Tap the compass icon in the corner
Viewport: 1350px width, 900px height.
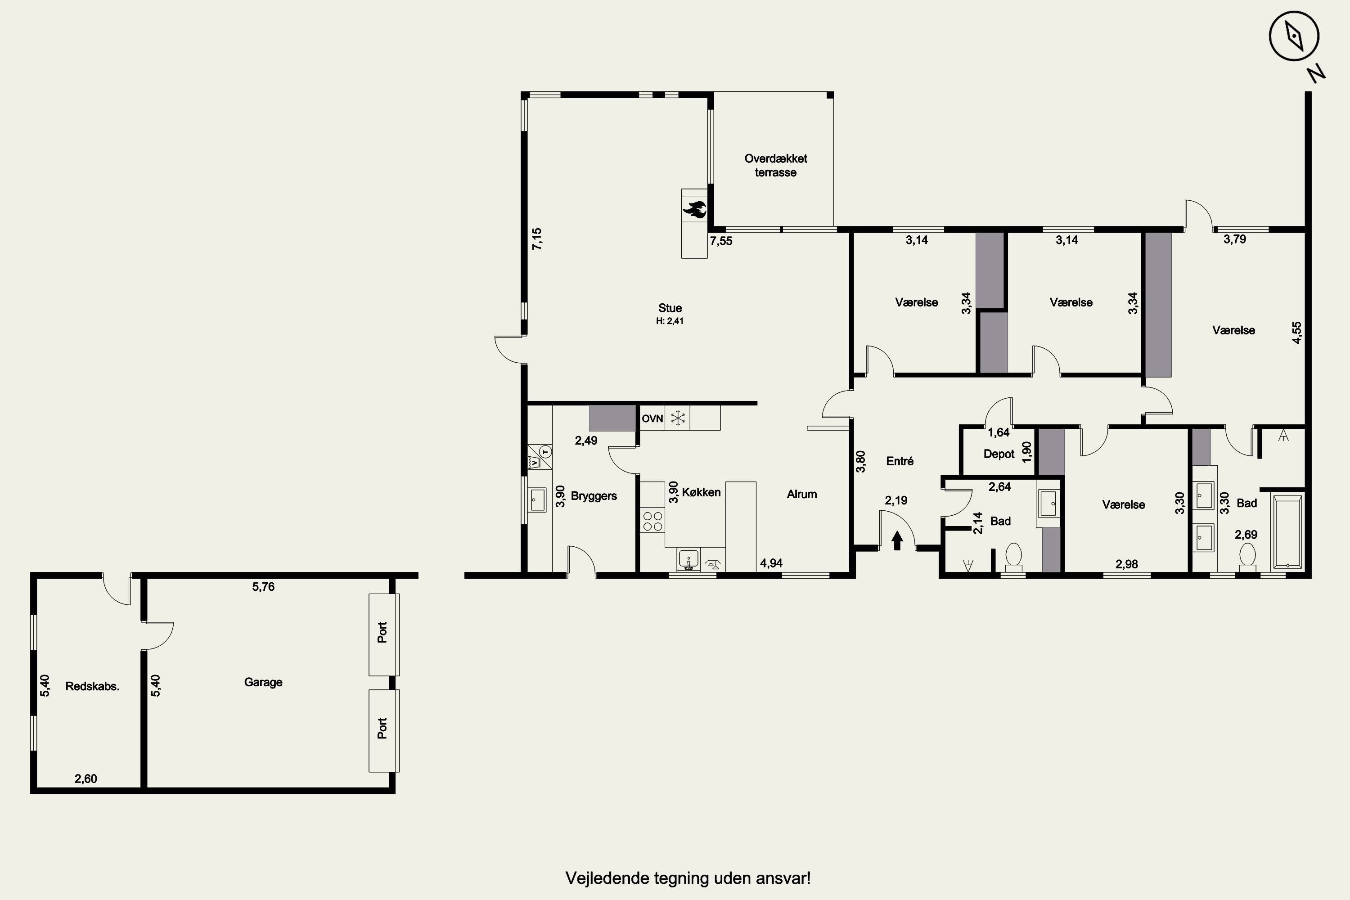click(x=1294, y=36)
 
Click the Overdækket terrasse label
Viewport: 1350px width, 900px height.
click(x=775, y=165)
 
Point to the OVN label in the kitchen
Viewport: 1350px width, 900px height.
click(x=652, y=418)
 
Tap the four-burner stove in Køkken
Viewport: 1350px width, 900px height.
click(x=652, y=521)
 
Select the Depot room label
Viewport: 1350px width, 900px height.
click(x=999, y=454)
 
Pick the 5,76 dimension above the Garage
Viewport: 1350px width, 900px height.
click(x=263, y=587)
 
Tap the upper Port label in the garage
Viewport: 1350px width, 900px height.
click(x=382, y=633)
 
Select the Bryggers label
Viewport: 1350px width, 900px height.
click(x=594, y=496)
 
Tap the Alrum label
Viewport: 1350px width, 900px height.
click(x=802, y=494)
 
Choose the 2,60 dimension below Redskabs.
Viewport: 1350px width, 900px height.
click(x=85, y=779)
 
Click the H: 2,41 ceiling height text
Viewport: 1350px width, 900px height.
click(x=670, y=321)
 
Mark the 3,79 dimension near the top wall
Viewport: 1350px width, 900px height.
click(x=1235, y=239)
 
